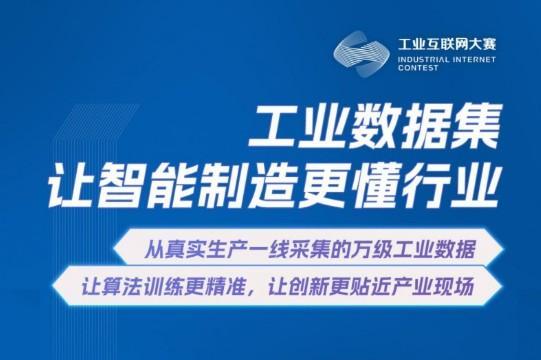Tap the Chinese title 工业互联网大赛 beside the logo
point(447,44)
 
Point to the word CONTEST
point(418,71)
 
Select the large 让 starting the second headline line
point(97,186)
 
